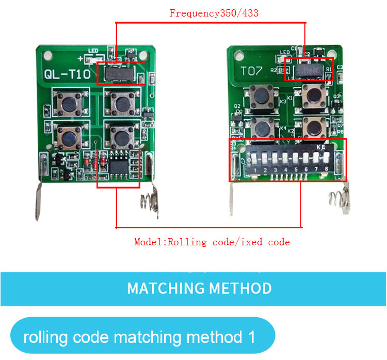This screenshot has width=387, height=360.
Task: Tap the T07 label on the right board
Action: coord(253,71)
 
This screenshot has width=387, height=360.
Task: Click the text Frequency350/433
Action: coord(214,14)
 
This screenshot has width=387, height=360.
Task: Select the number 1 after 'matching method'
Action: coord(251,337)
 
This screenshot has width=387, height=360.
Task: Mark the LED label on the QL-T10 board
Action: coord(93,50)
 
